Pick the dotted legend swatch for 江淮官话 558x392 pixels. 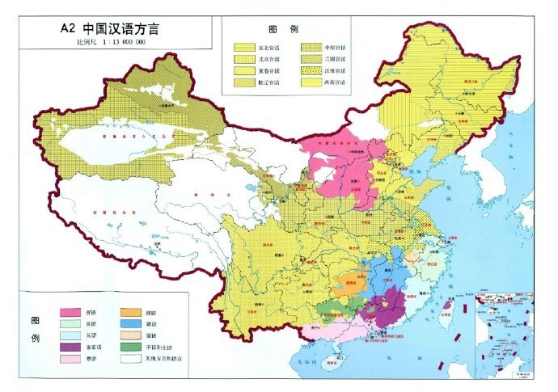[311, 71]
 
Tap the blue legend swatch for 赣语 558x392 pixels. [129, 322]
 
